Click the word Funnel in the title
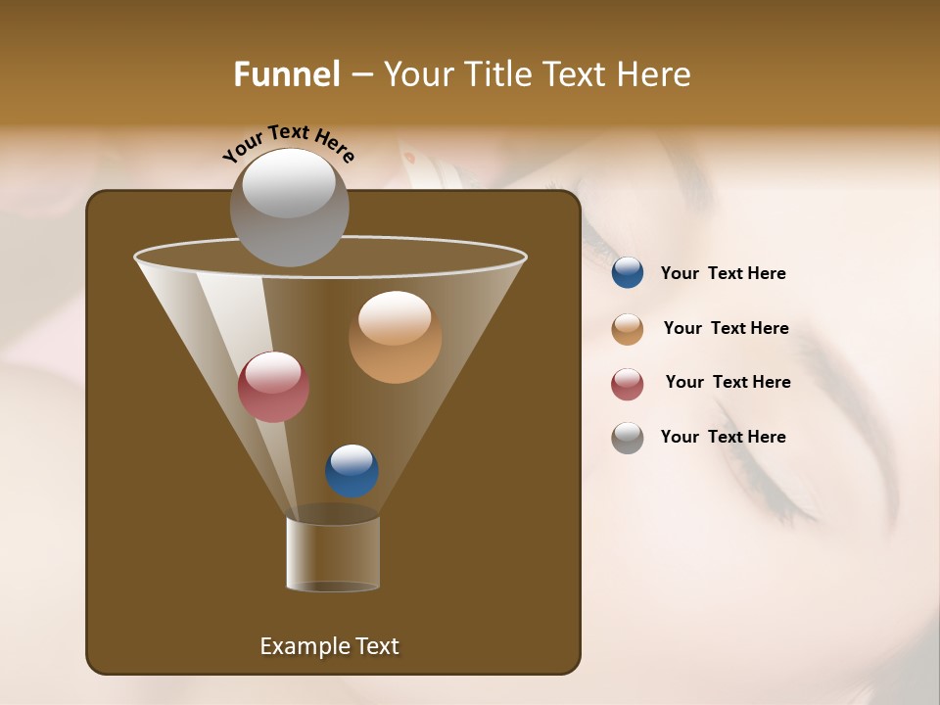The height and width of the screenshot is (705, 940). coord(286,74)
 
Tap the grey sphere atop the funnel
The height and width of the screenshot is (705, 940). coord(289,208)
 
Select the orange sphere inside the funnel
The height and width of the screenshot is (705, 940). coord(395,337)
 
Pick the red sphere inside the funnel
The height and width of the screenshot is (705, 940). coord(273,387)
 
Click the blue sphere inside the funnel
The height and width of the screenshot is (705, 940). coord(352,471)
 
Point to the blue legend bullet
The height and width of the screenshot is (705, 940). coord(628,273)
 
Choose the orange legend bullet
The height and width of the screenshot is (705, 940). coord(628,329)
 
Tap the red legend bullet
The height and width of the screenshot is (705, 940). coord(628,384)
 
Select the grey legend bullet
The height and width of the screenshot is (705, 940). coord(628,438)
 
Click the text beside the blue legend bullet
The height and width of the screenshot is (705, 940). coord(723,274)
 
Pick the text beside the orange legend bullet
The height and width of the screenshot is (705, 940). coord(726,329)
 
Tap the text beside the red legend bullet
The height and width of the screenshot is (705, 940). coord(728,383)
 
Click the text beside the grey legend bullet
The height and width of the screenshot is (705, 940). coord(723,438)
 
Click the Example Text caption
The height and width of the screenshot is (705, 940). coord(329,646)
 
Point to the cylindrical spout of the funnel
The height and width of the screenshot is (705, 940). coord(333,553)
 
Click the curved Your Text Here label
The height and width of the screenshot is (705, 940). coord(289,142)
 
